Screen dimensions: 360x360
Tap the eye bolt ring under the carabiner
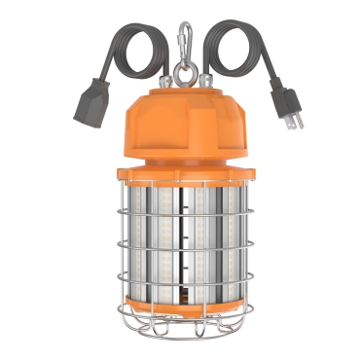181,68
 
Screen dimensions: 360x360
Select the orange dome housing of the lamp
180,122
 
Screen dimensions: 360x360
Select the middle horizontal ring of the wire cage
181,251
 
